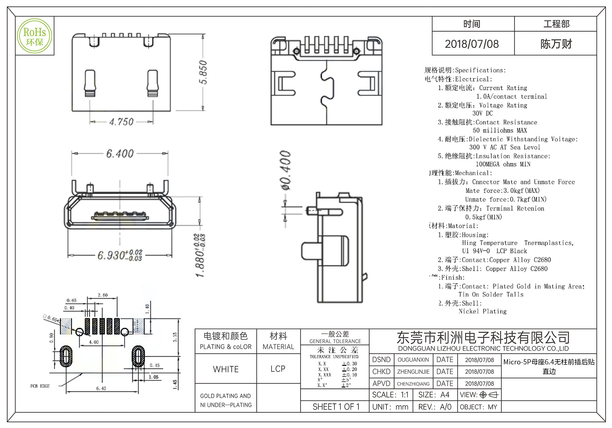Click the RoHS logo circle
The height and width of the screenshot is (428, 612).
[35, 36]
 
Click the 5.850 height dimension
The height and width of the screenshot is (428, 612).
[203, 72]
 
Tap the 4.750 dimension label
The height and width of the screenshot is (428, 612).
[121, 122]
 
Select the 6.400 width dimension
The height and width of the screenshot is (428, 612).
[120, 153]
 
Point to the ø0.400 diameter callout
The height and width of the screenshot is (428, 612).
[286, 170]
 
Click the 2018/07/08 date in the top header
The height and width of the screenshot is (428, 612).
[472, 44]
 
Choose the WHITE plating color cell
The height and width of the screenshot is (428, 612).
[226, 369]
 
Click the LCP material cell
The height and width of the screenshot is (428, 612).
[278, 369]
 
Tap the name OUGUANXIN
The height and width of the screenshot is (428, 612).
[413, 360]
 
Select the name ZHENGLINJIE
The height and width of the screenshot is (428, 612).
[413, 372]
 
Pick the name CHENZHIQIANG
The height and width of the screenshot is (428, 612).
[413, 384]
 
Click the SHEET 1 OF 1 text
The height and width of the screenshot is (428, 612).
[336, 407]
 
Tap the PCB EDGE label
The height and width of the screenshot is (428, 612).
[40, 386]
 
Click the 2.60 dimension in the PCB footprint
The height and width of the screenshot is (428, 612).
[103, 295]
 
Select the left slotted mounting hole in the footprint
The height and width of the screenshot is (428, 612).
[66, 356]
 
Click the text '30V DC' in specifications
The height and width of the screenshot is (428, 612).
[483, 113]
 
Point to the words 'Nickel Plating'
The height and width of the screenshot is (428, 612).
[483, 312]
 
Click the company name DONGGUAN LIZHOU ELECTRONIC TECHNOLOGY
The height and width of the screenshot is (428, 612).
[483, 349]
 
